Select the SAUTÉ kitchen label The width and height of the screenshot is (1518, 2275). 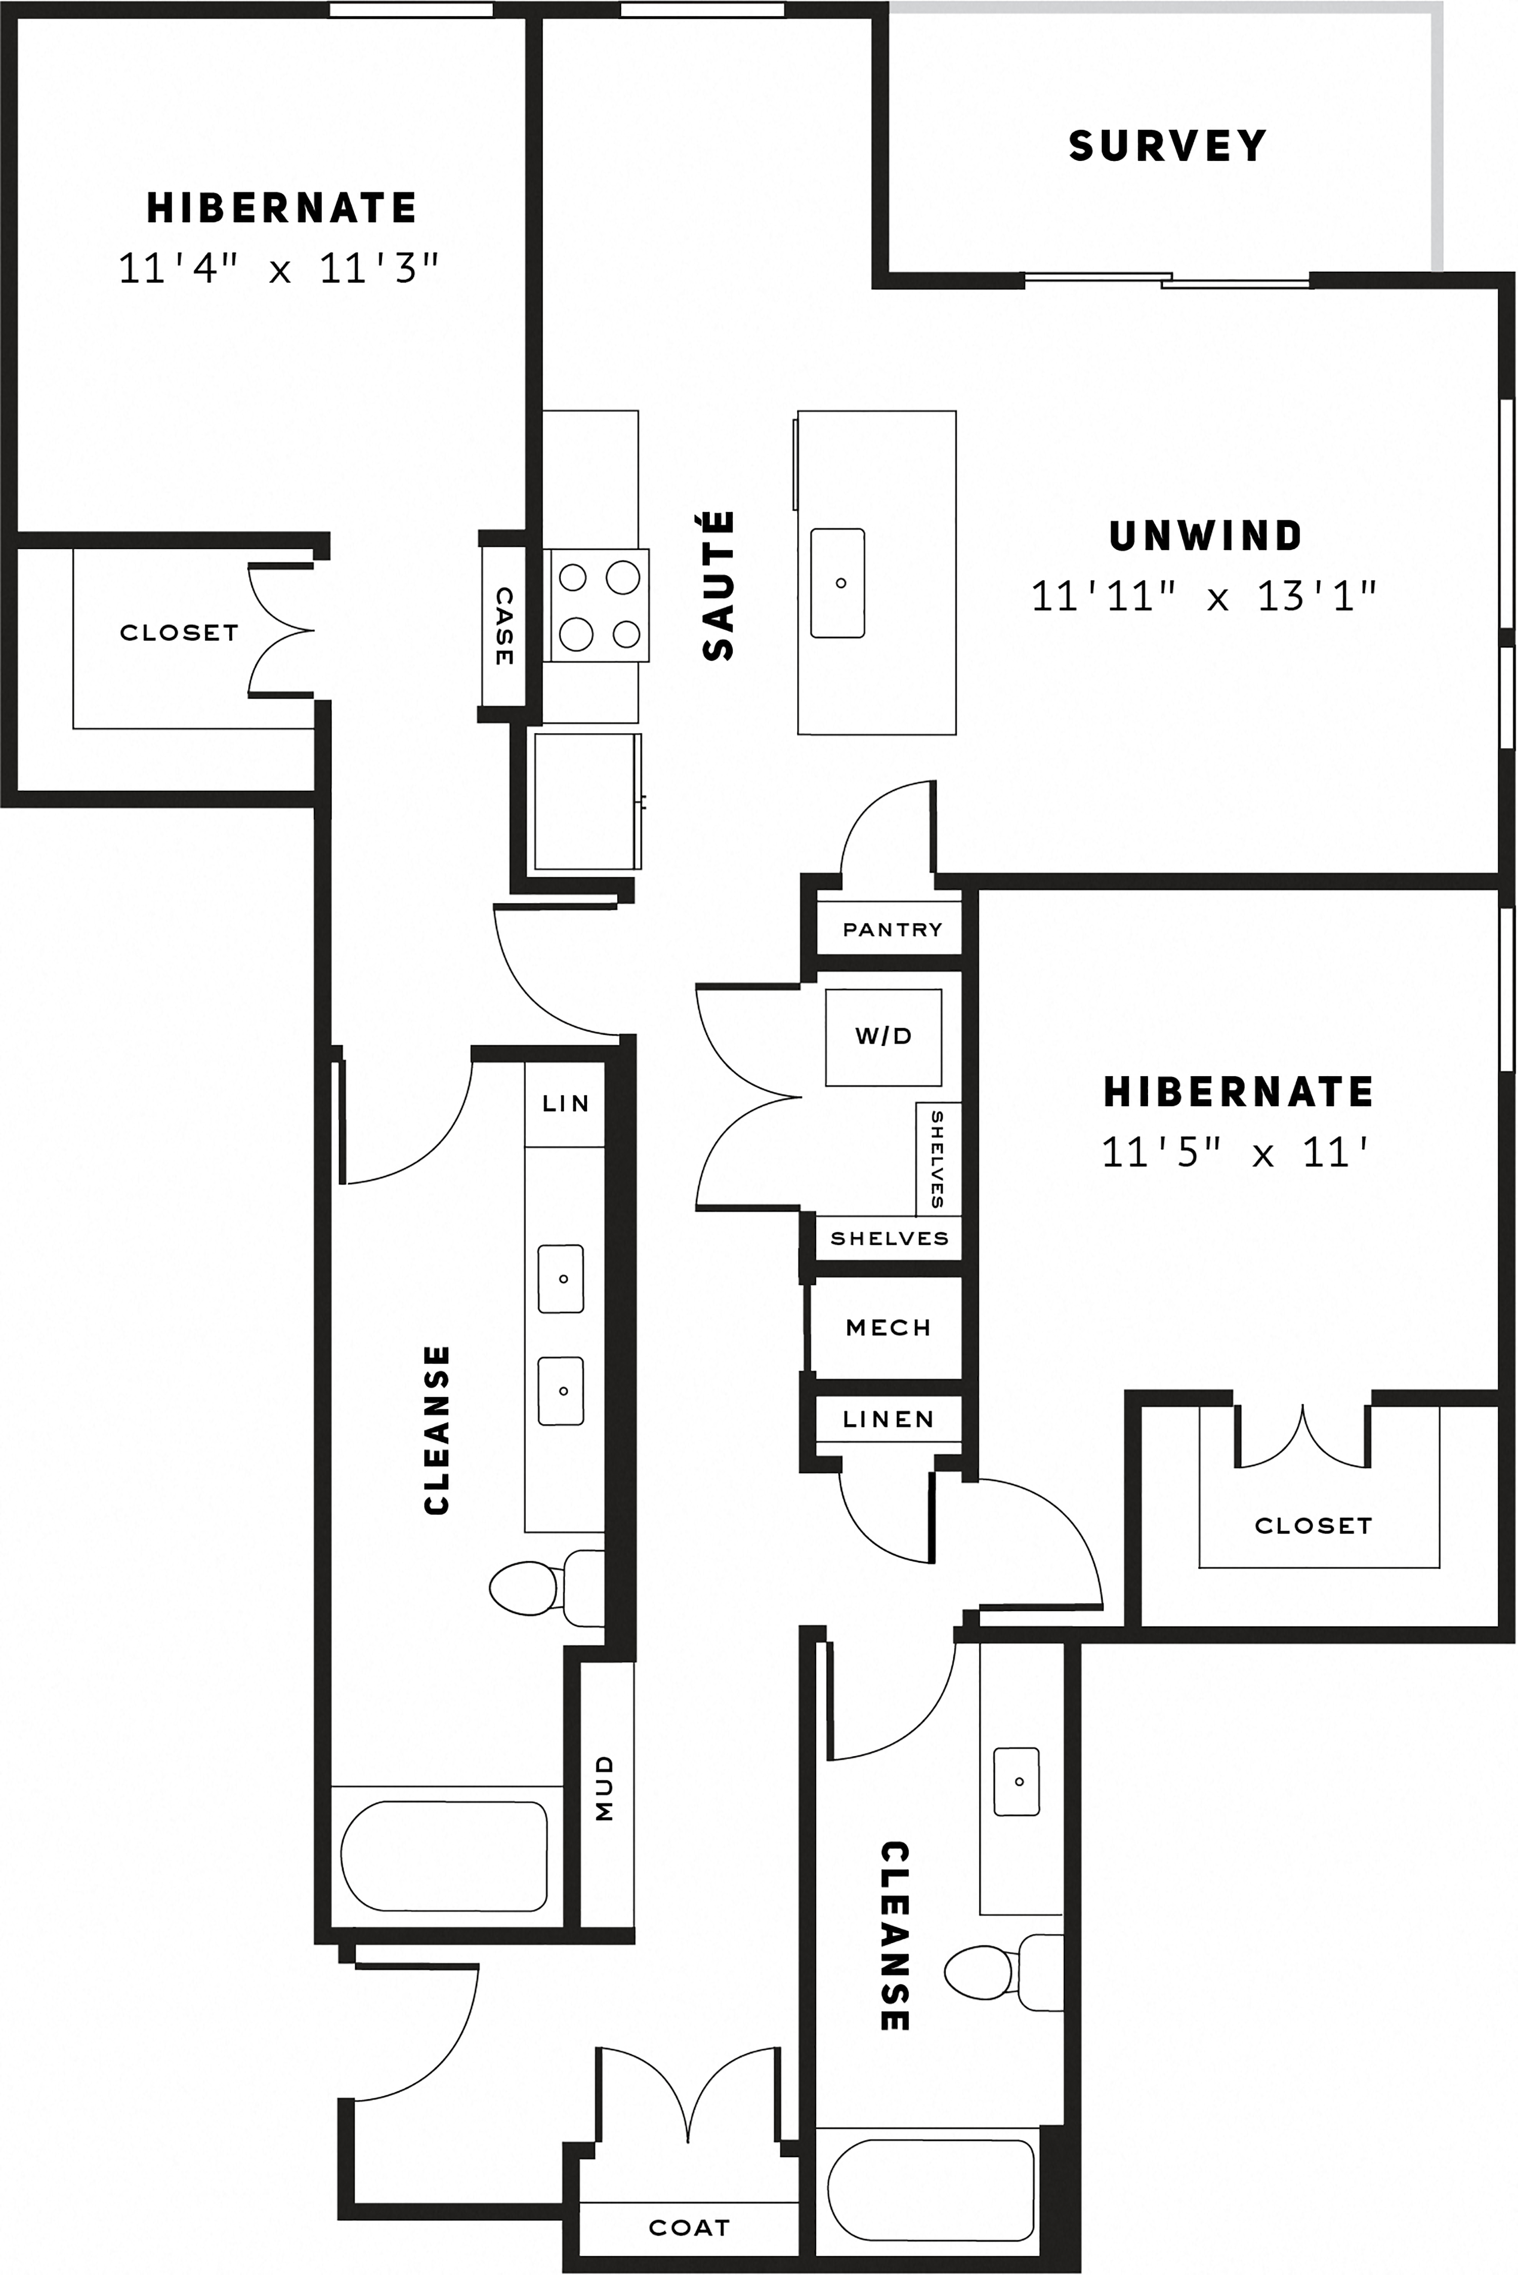[719, 586]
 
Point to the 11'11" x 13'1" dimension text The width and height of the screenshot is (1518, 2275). [1203, 597]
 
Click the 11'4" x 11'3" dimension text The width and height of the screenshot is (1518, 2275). [279, 268]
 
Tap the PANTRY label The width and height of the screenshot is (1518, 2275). [892, 930]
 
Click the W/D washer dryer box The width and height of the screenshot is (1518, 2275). [883, 1036]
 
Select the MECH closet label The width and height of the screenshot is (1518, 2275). [888, 1328]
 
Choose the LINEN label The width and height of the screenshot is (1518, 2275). [888, 1420]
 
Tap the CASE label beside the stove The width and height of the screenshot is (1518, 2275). [503, 626]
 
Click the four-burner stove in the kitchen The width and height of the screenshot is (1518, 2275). [597, 605]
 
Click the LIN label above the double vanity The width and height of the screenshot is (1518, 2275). [565, 1103]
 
